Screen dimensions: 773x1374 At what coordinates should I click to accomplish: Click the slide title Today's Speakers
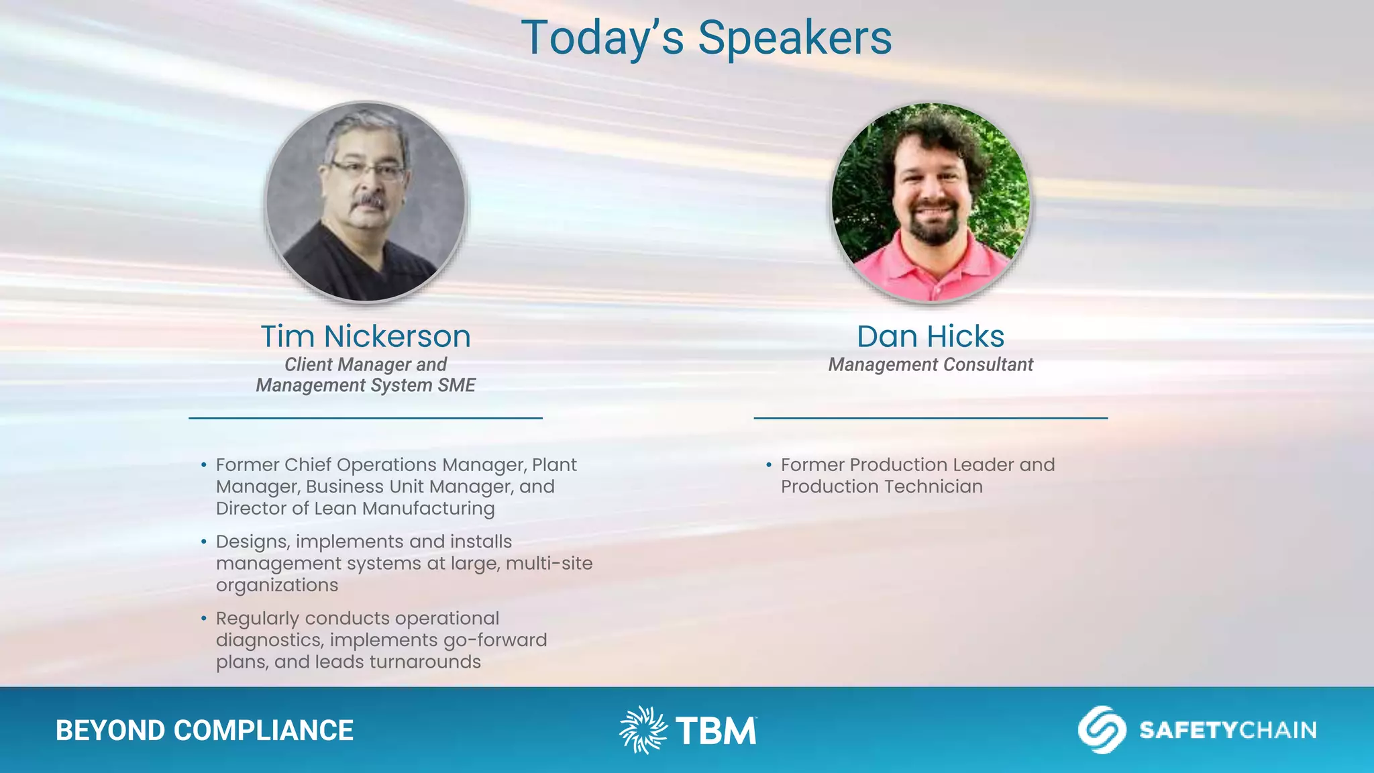coord(706,38)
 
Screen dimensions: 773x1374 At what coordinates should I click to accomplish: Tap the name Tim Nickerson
coord(366,336)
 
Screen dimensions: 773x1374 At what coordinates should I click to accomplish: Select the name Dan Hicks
coord(931,336)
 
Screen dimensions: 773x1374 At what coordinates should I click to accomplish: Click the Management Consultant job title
coord(931,365)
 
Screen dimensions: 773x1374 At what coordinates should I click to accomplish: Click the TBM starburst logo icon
coord(643,729)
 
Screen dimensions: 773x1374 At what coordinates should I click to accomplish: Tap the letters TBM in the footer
coord(716,731)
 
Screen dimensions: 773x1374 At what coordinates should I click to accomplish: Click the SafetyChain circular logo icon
coord(1102,729)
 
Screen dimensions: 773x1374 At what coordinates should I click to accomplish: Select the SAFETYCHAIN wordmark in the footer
coord(1228,730)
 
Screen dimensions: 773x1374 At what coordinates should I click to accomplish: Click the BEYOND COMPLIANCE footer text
coord(205,731)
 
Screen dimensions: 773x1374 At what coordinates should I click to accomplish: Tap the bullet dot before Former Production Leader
coord(769,464)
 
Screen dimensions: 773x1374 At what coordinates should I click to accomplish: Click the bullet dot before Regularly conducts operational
coord(204,618)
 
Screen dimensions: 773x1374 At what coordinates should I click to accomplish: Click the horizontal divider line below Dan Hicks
coord(931,418)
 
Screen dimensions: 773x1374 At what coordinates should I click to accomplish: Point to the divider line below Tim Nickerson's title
coord(366,418)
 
